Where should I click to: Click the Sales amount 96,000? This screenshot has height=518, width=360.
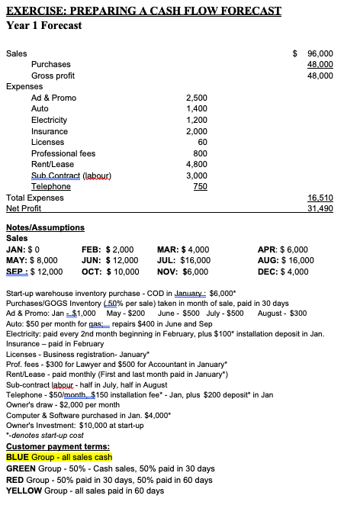click(320, 53)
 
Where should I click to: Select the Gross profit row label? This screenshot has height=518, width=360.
click(53, 76)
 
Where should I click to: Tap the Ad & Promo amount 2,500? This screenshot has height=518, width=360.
click(197, 98)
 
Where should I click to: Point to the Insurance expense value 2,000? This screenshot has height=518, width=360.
click(197, 131)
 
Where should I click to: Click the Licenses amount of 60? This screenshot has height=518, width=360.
click(202, 142)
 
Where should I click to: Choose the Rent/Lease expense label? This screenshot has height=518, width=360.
click(53, 164)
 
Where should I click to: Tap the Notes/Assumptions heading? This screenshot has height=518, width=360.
click(45, 227)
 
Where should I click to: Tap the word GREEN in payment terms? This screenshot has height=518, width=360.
click(21, 468)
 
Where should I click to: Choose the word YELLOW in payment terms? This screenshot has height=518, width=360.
click(24, 491)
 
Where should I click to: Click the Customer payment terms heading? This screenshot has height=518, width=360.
click(56, 446)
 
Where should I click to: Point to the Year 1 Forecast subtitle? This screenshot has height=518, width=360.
click(43, 25)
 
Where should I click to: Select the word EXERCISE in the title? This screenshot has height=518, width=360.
click(35, 11)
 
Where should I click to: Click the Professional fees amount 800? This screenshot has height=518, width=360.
click(201, 153)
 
